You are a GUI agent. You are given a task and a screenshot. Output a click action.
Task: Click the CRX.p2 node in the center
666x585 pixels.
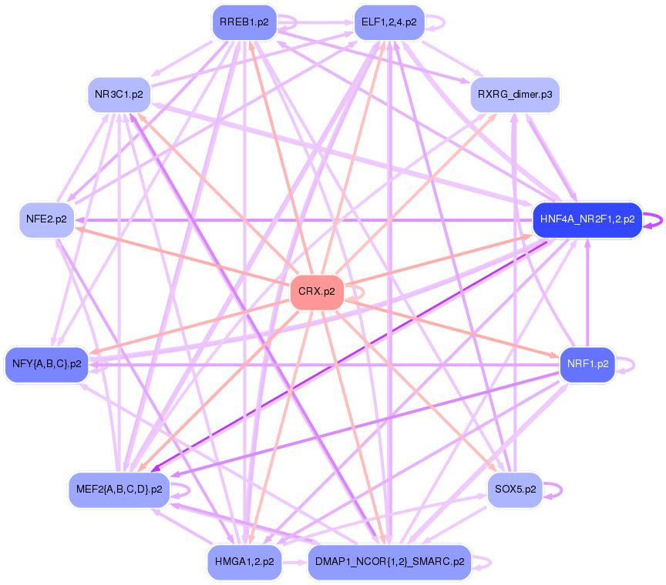(317, 292)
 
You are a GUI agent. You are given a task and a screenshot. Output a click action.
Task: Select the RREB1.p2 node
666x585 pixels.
(244, 22)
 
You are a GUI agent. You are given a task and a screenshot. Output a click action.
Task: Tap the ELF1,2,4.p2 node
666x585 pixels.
(388, 22)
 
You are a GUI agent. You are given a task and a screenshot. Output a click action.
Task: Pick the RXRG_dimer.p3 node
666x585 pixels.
(514, 95)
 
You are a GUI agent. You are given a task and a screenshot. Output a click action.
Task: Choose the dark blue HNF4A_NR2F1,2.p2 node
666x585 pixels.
(587, 219)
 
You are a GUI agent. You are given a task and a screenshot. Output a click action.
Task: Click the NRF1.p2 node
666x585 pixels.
(587, 364)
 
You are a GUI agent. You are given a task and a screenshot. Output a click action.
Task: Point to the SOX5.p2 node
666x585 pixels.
(515, 489)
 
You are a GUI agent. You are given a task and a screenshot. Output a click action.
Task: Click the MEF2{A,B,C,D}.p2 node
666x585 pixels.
(119, 489)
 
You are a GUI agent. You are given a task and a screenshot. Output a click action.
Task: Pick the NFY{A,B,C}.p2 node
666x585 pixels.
(46, 364)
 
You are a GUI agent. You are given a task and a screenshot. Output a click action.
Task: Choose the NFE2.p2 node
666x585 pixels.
(46, 219)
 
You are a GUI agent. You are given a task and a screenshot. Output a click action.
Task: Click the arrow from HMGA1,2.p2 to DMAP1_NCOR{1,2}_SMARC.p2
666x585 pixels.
(294, 562)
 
